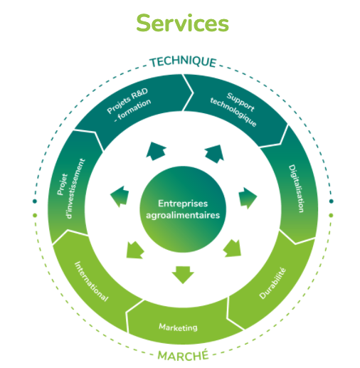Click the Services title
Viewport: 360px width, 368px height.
coord(182,23)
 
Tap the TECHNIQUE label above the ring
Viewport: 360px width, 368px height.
coord(183,62)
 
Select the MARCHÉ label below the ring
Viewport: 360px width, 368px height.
coord(183,355)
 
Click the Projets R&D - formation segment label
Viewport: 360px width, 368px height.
coord(129,104)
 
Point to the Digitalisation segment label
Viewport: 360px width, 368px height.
coord(296,189)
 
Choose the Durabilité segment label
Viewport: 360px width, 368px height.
coord(272,283)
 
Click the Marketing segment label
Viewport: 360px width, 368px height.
coord(178,327)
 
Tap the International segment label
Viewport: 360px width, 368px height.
coord(92,281)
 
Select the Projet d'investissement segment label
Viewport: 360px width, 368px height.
coord(71,189)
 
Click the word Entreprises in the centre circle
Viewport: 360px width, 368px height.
coord(183,204)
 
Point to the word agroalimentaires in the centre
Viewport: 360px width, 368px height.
coord(183,215)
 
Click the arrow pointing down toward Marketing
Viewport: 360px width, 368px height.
coord(183,275)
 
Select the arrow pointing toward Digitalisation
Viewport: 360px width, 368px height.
coord(248,198)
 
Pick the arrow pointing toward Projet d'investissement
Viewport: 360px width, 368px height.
coord(120,196)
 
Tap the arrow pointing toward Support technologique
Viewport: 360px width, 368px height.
coord(214,154)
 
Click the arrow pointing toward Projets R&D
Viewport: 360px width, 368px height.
coord(156,151)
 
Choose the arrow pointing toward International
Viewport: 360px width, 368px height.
coord(134,250)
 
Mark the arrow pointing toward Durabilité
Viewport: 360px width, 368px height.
coord(233,248)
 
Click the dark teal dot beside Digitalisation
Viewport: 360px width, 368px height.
coord(332,201)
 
